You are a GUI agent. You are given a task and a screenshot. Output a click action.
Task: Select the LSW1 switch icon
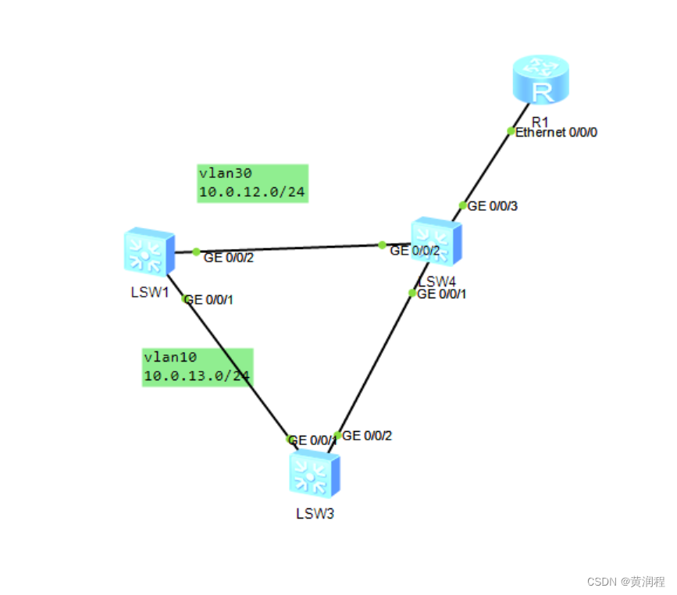148,251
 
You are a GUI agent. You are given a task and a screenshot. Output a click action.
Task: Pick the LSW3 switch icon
315,474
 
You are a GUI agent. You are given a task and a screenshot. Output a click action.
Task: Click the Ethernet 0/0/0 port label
557,133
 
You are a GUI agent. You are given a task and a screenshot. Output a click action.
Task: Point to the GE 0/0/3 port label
493,206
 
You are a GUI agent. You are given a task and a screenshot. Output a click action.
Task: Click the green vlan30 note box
252,183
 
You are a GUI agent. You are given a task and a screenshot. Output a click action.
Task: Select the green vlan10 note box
197,367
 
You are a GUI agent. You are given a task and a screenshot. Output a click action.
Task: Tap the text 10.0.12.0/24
251,192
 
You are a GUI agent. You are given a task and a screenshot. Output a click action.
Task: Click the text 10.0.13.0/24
197,376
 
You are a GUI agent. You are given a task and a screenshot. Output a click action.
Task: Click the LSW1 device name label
150,292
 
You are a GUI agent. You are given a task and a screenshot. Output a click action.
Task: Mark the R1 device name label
540,121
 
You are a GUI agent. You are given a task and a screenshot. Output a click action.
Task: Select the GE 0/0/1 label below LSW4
443,294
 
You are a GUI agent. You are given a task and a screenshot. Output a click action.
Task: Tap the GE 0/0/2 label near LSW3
367,436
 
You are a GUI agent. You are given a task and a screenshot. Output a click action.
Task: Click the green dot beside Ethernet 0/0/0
511,131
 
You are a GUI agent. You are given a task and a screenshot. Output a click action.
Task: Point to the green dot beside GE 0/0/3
462,206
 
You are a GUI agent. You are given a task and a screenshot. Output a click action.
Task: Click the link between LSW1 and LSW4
289,248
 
